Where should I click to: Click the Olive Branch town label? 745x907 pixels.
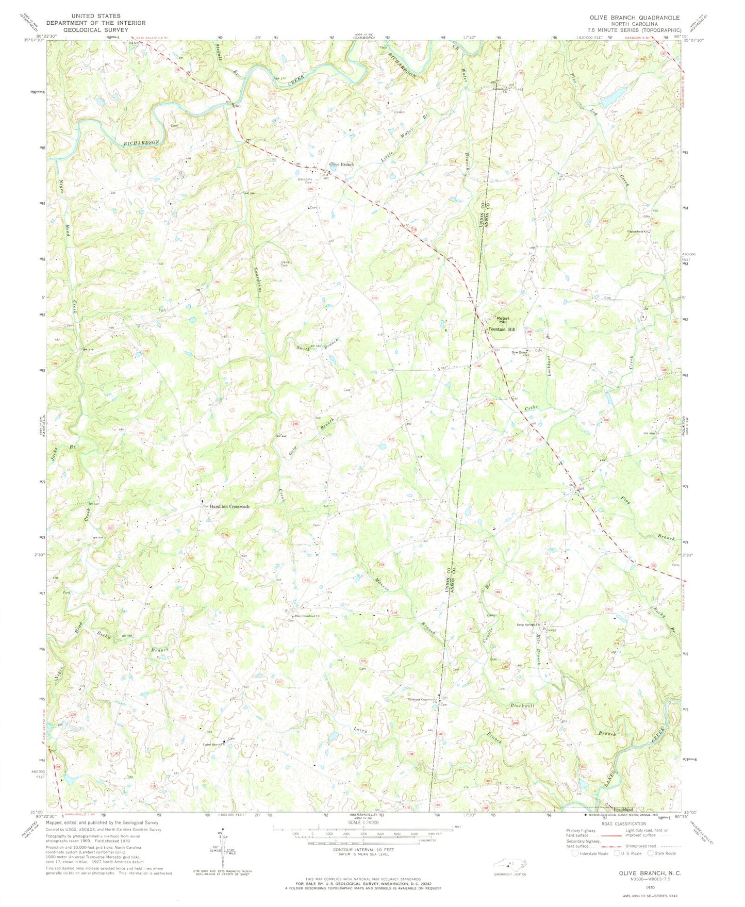coord(341,164)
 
